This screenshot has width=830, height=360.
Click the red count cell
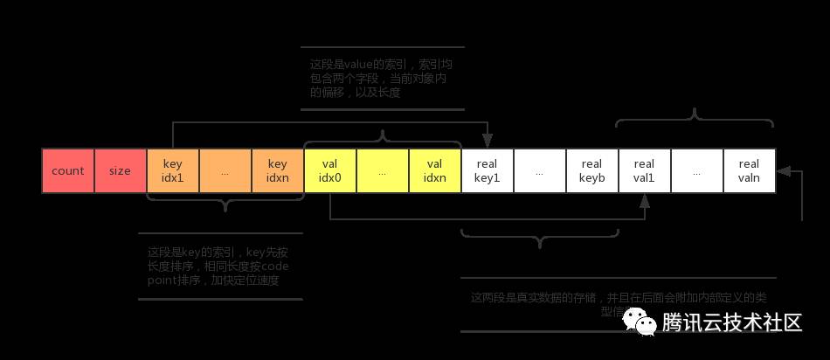[x=68, y=171]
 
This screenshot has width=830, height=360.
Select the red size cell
[x=121, y=171]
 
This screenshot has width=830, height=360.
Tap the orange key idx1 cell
[x=173, y=171]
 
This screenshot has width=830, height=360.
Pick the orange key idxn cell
[x=278, y=171]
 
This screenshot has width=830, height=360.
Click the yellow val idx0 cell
[x=330, y=171]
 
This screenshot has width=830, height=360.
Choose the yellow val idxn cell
[x=435, y=171]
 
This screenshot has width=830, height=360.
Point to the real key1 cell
[x=488, y=171]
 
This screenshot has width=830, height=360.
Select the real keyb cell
[x=592, y=171]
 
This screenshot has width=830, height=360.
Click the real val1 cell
[x=645, y=171]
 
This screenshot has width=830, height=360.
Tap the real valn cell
[x=750, y=171]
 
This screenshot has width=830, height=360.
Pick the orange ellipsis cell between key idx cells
[x=225, y=171]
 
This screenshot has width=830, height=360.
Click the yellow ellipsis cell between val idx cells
[x=383, y=171]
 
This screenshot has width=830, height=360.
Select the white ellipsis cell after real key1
[x=540, y=171]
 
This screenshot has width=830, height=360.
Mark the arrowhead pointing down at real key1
[x=488, y=142]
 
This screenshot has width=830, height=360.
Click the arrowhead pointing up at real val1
[x=645, y=201]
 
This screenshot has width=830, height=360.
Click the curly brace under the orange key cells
[x=225, y=204]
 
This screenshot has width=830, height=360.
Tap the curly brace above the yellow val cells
[x=383, y=137]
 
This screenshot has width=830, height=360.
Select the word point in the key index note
[x=163, y=280]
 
